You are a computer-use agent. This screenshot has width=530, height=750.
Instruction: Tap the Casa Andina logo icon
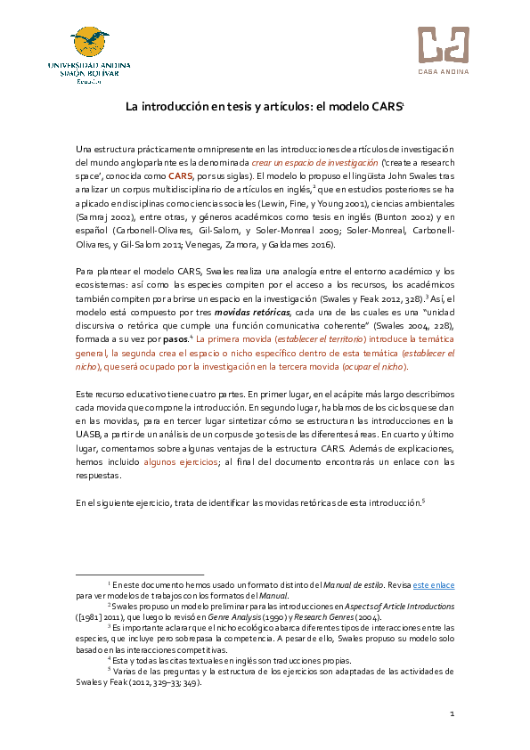(x=443, y=44)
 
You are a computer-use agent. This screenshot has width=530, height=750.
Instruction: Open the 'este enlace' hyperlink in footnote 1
(x=434, y=583)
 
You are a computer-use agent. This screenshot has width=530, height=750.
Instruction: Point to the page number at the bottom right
(x=452, y=714)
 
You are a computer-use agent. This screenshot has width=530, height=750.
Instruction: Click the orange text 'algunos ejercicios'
(x=181, y=462)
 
